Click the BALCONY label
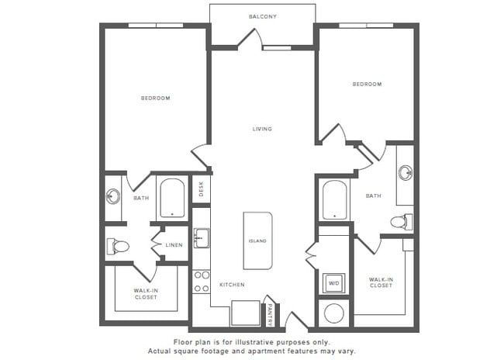click(x=263, y=16)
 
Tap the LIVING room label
click(x=262, y=129)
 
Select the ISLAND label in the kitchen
click(x=257, y=241)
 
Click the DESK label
click(x=201, y=189)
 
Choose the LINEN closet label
click(x=174, y=246)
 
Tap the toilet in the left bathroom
click(x=119, y=247)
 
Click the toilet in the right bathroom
click(x=400, y=222)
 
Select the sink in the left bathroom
click(x=113, y=196)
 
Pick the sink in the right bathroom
click(x=405, y=172)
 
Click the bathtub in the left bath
click(x=171, y=198)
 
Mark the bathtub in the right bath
click(x=335, y=200)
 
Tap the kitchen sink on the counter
click(x=201, y=239)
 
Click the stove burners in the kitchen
click(x=201, y=282)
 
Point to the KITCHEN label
click(x=232, y=286)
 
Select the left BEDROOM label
click(x=155, y=99)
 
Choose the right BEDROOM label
click(x=367, y=84)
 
